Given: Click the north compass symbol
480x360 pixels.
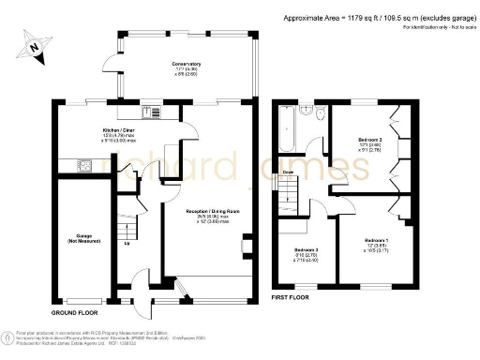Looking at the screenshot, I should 34,44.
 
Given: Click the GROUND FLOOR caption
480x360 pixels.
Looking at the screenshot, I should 77,309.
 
